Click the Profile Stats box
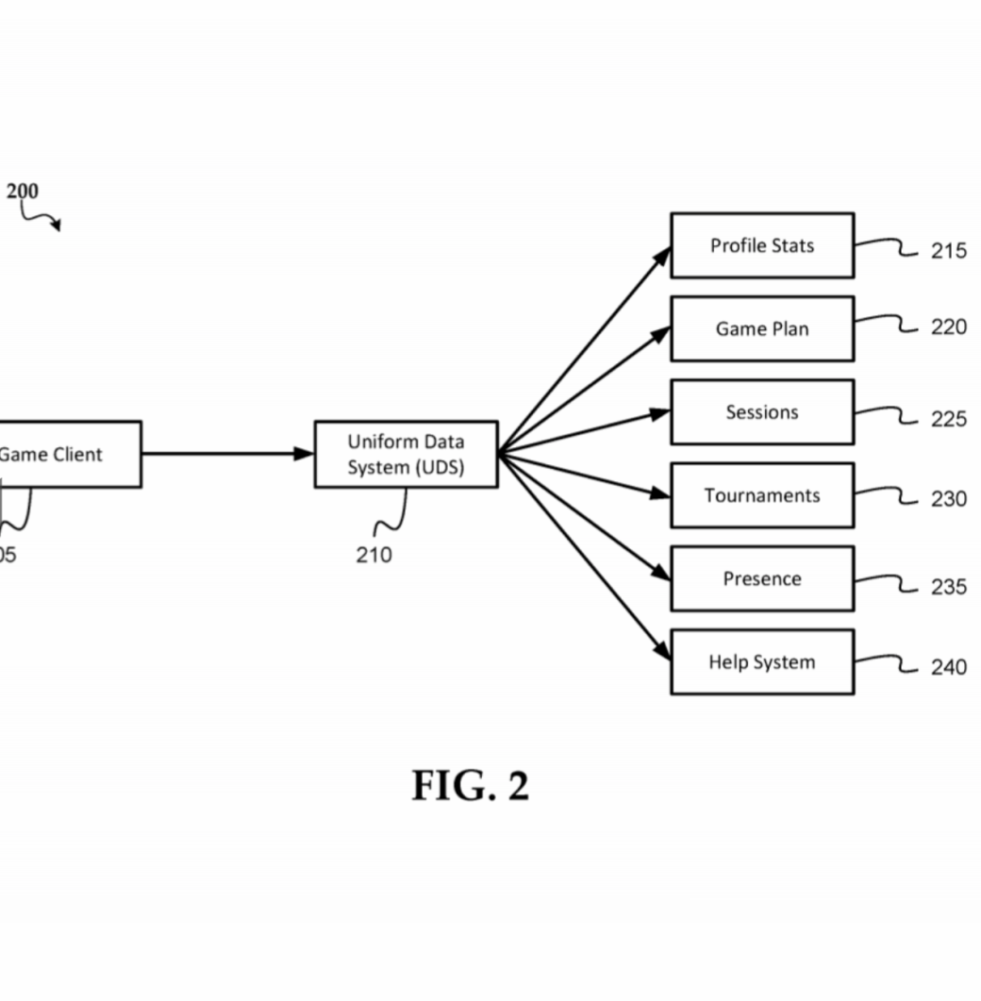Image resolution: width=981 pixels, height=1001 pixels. coord(762,246)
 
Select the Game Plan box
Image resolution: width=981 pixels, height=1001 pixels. coord(762,328)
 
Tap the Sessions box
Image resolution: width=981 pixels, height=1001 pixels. coord(762,412)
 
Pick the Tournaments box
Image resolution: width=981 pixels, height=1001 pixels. coord(762,495)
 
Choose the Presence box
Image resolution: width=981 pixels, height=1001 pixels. coord(762,579)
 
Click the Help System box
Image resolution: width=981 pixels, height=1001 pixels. coord(762,662)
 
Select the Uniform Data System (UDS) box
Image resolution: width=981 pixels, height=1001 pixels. coord(407,455)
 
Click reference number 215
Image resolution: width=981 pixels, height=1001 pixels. coord(948,251)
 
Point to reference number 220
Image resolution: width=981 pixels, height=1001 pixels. coord(948,326)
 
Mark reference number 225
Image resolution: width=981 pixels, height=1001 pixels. coord(948,419)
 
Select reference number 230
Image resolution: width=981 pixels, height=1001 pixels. coord(948,498)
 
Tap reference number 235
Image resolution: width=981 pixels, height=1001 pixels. coord(948,587)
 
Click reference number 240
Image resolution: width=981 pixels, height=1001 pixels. coord(948,667)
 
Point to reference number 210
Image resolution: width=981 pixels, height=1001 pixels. coord(374,555)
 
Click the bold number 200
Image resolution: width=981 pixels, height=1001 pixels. coord(23,191)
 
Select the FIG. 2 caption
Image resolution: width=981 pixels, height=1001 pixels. coord(471,785)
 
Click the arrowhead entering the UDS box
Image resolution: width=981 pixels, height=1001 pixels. coord(304,454)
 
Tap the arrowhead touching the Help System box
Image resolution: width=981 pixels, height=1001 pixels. coord(662,651)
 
